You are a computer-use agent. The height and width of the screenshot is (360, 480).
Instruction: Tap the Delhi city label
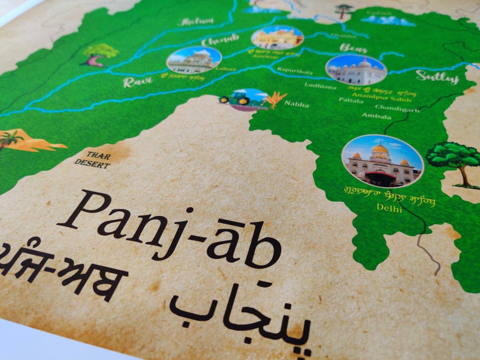pos(389,208)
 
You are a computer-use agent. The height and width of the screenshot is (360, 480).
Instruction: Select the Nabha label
pos(297,105)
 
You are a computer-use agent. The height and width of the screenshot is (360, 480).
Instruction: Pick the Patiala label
pos(351,100)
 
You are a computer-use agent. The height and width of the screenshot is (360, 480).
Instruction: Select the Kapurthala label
pos(295,71)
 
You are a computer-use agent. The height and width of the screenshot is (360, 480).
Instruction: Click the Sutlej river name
pos(437,77)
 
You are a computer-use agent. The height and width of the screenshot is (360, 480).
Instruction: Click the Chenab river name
pos(220,41)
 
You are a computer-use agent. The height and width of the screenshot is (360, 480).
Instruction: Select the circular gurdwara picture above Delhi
pos(382,161)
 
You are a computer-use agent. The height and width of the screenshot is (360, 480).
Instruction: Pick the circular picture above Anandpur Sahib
pos(356,70)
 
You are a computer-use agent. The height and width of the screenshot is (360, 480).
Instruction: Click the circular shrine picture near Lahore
pos(194,60)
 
